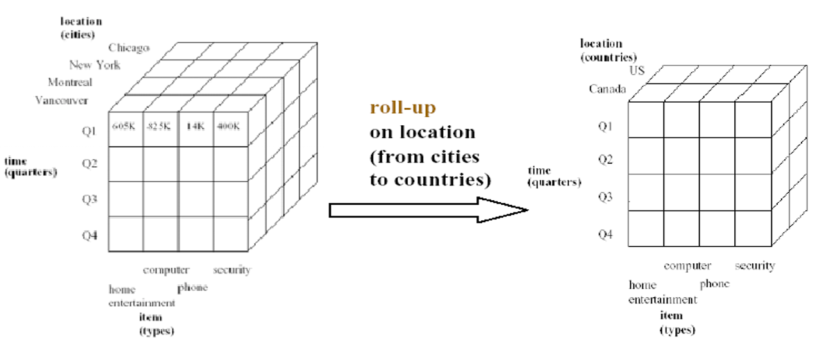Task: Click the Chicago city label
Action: pos(129,47)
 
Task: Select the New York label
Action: pos(95,65)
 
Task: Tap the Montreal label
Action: pos(70,82)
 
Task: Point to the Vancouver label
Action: pos(62,100)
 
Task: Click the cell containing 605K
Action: pos(124,126)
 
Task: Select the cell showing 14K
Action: pos(196,126)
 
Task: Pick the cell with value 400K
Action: pos(229,126)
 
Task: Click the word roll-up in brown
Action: pos(403,107)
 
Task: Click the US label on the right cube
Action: pos(637,70)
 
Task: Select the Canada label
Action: pos(607,89)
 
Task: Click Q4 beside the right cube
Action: pos(606,234)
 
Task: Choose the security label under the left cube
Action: pos(231,270)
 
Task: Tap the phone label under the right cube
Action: pos(714,283)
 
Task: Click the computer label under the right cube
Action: pos(687,266)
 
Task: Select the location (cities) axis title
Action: pos(81,28)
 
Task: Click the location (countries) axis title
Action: pos(601,50)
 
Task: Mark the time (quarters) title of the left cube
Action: pos(30,166)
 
